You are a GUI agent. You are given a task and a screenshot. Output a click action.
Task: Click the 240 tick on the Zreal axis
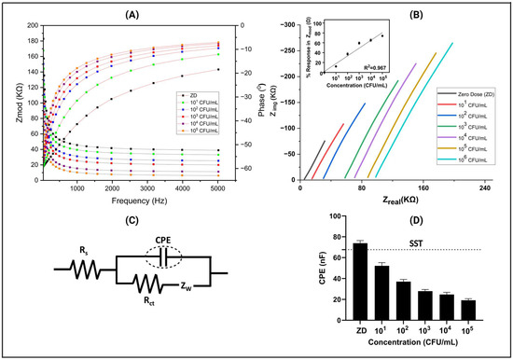(x=483, y=189)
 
